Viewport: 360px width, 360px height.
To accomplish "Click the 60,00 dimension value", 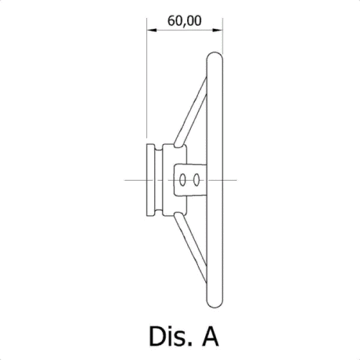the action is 184,21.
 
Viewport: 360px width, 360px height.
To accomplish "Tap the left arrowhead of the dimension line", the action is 152,30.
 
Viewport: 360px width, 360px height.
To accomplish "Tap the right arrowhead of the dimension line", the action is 217,30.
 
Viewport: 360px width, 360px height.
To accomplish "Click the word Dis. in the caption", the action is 171,336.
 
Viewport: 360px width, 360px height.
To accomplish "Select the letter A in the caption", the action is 210,336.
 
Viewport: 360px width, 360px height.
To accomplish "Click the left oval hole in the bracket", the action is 183,180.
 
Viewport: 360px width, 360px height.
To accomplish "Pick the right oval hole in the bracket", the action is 197,180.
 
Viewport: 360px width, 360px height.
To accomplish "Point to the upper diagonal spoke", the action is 191,111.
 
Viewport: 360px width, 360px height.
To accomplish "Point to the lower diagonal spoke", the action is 191,248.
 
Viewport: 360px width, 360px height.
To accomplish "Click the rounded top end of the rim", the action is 215,53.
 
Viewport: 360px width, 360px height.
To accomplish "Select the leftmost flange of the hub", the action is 150,180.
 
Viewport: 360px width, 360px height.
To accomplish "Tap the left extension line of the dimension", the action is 147,78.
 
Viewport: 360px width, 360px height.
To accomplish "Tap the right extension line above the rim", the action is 222,36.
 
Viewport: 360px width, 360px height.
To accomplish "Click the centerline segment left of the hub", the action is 135,180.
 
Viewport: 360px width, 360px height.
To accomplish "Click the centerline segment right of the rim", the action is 230,180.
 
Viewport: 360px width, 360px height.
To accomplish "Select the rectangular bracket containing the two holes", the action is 190,180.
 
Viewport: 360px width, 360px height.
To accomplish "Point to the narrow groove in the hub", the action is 159,180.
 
